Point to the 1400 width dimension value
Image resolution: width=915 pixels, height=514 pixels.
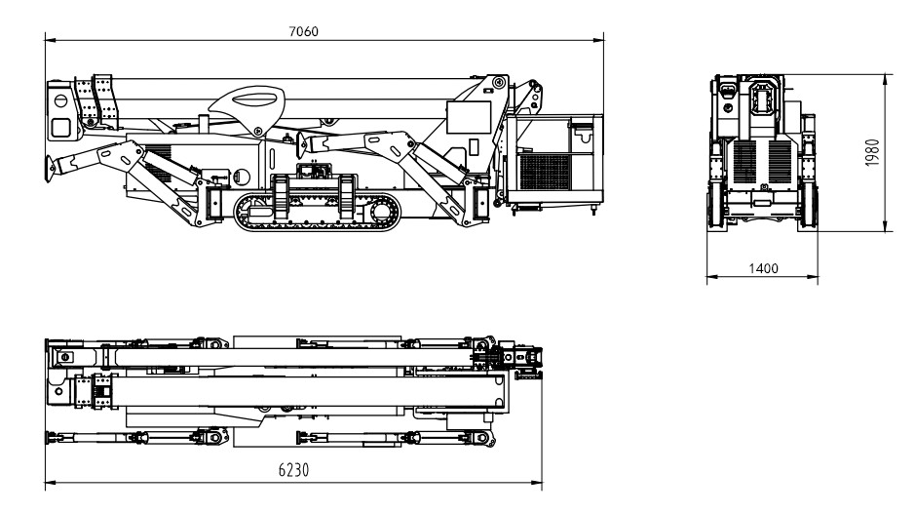click(760, 268)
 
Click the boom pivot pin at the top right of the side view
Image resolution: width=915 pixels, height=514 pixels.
click(499, 82)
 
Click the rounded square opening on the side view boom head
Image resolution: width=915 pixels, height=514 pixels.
click(60, 127)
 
